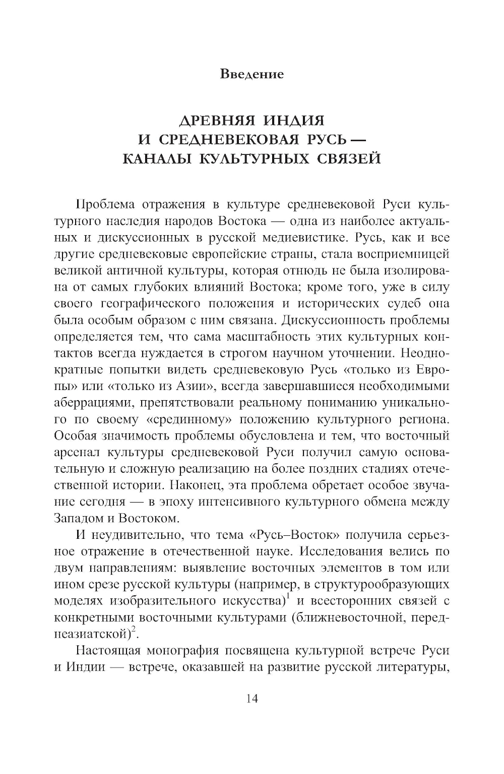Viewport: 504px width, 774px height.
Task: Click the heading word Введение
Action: tap(252, 74)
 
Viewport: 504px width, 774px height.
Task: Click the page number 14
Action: tap(252, 698)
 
